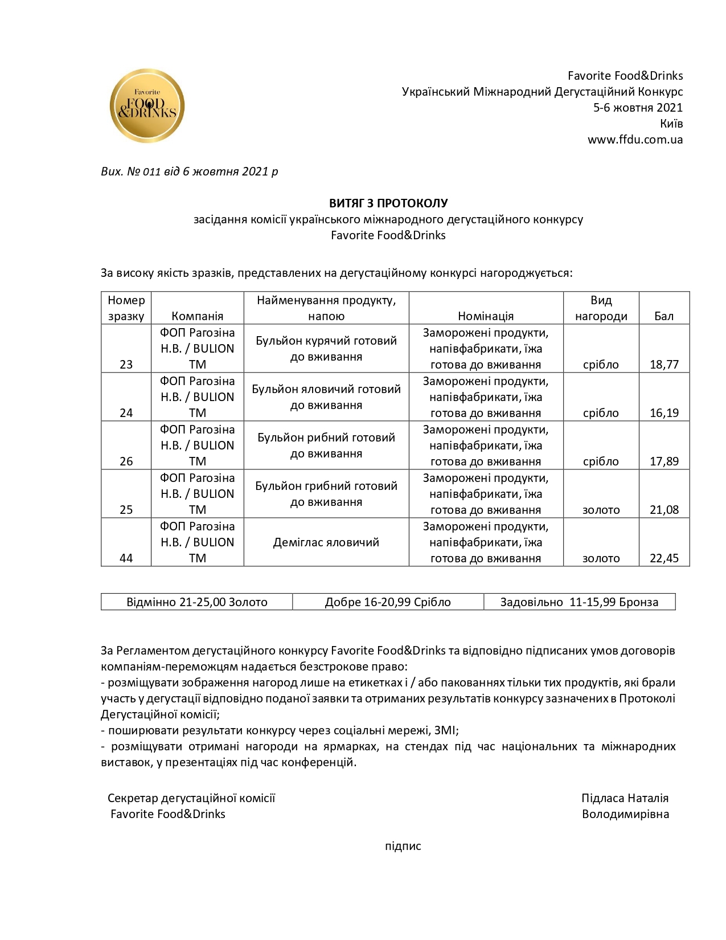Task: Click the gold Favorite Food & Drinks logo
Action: [x=147, y=106]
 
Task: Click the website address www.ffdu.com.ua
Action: [x=635, y=140]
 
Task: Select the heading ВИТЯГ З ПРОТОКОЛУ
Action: [x=388, y=203]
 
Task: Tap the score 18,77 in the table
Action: [x=664, y=365]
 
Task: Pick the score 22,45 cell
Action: [x=664, y=558]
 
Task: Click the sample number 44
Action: [x=126, y=558]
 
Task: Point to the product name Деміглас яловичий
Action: [x=326, y=542]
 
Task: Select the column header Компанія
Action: [x=197, y=316]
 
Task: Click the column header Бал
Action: [x=664, y=316]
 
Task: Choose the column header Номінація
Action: [x=486, y=316]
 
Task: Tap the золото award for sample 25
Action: [x=601, y=510]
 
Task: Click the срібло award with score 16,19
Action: [x=601, y=413]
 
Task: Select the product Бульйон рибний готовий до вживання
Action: [x=326, y=446]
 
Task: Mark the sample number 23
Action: [x=126, y=365]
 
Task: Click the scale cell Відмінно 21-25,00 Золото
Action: [x=197, y=602]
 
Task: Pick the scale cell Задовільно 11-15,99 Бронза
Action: [x=579, y=602]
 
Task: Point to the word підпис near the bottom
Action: [x=403, y=846]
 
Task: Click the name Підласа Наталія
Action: [x=625, y=798]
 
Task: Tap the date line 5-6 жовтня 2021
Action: [x=638, y=108]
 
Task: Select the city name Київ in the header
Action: [x=671, y=124]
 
